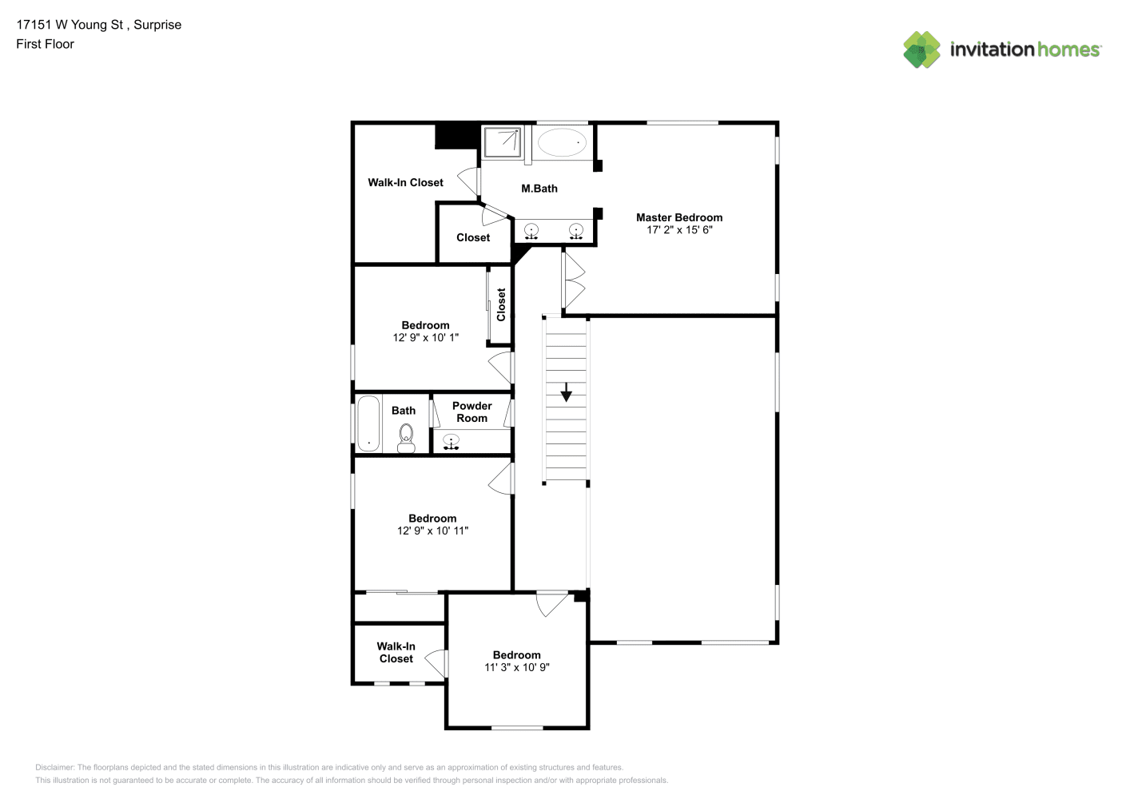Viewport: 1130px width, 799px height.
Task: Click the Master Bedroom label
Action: [679, 217]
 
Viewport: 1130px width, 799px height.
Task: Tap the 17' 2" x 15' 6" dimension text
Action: [679, 229]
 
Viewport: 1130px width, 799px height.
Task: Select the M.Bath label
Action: [539, 189]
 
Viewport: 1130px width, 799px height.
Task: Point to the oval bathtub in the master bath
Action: [562, 142]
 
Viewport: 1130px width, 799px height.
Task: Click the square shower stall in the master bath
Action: [503, 142]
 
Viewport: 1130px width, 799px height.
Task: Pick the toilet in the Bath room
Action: [406, 439]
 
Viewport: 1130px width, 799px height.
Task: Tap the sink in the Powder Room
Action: [451, 441]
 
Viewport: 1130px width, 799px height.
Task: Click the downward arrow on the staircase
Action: [566, 392]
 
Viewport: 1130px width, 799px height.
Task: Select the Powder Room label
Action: [471, 412]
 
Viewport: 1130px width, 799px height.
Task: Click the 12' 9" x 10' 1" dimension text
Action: [425, 337]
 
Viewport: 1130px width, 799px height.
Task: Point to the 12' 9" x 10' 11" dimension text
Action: [432, 531]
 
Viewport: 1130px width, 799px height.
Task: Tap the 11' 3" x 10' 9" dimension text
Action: [516, 667]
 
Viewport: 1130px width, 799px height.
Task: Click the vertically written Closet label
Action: [501, 304]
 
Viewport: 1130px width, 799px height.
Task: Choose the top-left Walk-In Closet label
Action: [405, 183]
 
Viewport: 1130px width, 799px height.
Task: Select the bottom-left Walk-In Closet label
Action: [396, 652]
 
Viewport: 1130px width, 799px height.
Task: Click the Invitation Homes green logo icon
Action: [921, 50]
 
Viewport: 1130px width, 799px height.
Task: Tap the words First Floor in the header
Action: [45, 44]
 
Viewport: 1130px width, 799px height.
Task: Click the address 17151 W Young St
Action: [70, 25]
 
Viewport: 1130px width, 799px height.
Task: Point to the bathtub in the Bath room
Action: [368, 423]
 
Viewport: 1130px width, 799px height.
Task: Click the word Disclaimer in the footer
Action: [54, 767]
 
